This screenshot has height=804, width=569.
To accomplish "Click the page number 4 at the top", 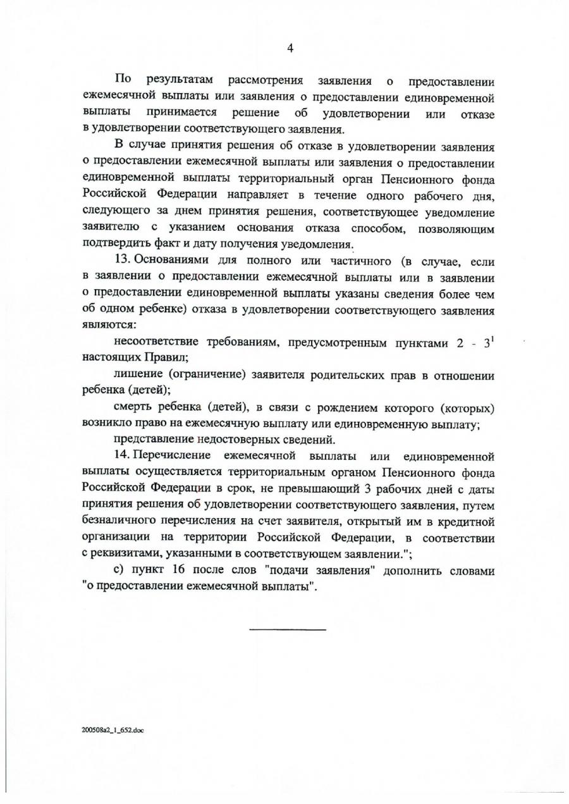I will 291,48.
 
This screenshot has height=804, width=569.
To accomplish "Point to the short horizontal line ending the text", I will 288,630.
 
